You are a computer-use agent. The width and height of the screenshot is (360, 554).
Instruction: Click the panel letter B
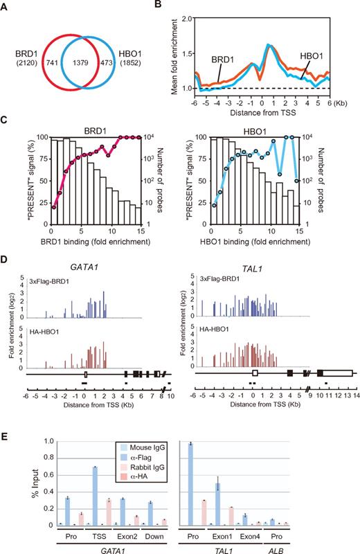186,7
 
